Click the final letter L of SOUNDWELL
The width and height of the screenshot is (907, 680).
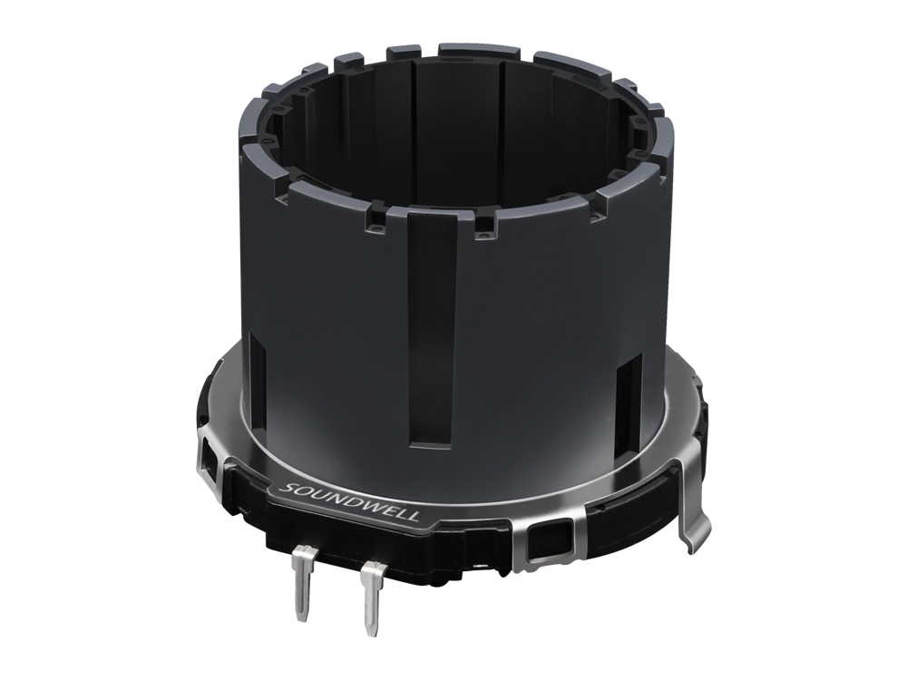pyautogui.click(x=412, y=518)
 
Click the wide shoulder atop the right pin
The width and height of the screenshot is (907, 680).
pyautogui.click(x=372, y=570)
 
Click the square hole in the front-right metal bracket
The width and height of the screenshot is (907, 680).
pyautogui.click(x=547, y=543)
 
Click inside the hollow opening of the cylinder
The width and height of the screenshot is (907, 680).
pyautogui.click(x=453, y=136)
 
